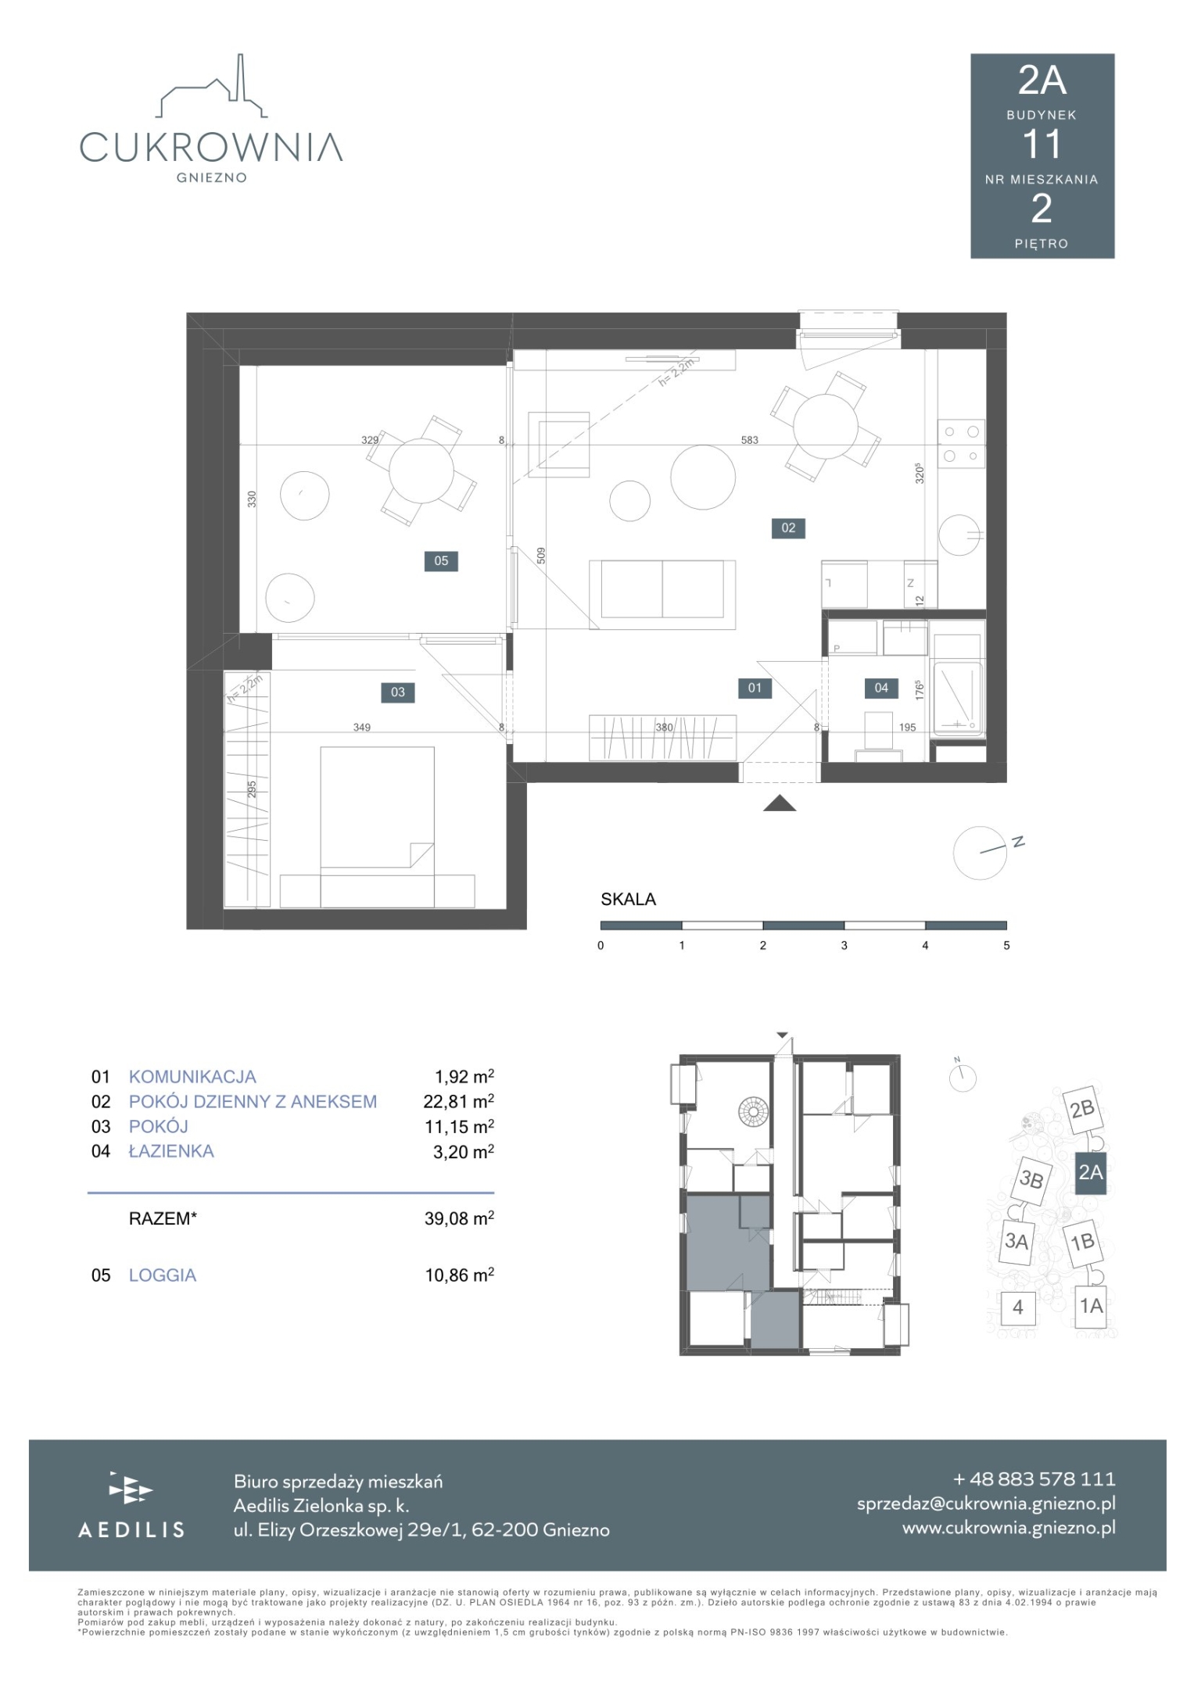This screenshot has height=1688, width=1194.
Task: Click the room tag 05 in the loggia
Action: click(x=441, y=560)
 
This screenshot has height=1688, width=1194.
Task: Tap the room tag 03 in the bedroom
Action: click(x=398, y=692)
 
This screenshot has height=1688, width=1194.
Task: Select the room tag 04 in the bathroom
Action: click(x=881, y=688)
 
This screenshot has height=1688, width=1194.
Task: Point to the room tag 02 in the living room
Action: click(x=788, y=527)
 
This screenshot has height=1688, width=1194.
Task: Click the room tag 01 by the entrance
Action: click(x=755, y=688)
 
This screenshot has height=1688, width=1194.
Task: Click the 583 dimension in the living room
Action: click(x=749, y=440)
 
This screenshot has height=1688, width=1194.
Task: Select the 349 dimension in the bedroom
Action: click(x=361, y=727)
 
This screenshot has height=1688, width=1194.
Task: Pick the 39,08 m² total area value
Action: click(x=459, y=1218)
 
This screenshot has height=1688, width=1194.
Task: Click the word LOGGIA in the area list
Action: click(x=163, y=1275)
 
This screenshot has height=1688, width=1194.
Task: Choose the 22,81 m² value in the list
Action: click(x=459, y=1101)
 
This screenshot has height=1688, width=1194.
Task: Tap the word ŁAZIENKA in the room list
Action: click(x=171, y=1150)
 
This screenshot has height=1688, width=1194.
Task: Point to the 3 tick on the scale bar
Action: click(x=844, y=945)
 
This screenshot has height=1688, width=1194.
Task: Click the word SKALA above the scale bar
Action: click(x=628, y=899)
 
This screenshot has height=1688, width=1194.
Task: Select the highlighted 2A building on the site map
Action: click(x=1091, y=1172)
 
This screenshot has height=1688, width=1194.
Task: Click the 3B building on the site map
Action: click(x=1031, y=1178)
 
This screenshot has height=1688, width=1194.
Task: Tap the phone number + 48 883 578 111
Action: click(x=1034, y=1479)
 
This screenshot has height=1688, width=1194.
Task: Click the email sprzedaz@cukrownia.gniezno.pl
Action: click(x=986, y=1503)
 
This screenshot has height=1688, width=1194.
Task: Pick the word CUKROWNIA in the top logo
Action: click(x=211, y=147)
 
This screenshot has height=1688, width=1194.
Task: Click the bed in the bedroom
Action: click(x=377, y=827)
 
